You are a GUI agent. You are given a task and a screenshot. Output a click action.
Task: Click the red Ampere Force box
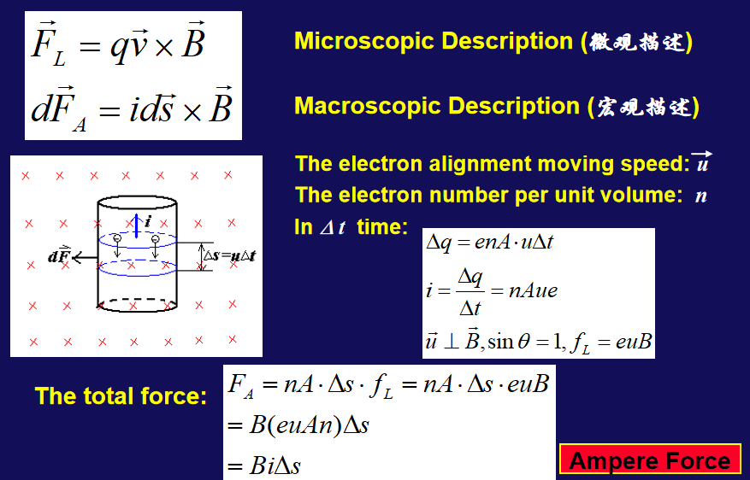[650, 460]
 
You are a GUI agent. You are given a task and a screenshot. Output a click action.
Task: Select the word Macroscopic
[368, 106]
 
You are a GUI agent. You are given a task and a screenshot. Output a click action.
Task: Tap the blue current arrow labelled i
[137, 225]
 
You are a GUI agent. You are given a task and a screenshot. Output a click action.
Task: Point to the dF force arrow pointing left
[86, 258]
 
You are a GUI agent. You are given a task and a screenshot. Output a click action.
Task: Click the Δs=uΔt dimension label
[229, 255]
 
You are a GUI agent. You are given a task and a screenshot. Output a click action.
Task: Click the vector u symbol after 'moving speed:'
[702, 162]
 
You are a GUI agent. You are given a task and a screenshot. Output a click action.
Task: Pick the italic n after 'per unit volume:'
[700, 196]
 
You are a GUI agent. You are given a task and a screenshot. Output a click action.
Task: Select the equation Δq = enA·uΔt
[489, 243]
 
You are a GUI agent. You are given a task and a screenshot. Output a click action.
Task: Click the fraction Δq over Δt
[470, 292]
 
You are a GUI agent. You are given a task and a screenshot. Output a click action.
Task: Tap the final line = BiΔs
[264, 465]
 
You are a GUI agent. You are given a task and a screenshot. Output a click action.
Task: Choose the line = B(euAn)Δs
[298, 424]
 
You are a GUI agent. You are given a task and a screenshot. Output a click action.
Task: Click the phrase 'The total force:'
[121, 396]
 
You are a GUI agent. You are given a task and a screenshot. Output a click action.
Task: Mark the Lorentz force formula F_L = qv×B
[118, 44]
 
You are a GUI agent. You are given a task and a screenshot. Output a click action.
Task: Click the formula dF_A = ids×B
[132, 108]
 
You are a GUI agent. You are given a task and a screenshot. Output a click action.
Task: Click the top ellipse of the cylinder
[138, 196]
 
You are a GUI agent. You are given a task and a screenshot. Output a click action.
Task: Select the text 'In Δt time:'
[351, 227]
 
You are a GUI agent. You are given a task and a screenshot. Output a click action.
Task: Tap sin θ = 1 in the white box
[525, 341]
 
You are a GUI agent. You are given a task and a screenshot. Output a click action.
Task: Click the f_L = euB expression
[611, 342]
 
